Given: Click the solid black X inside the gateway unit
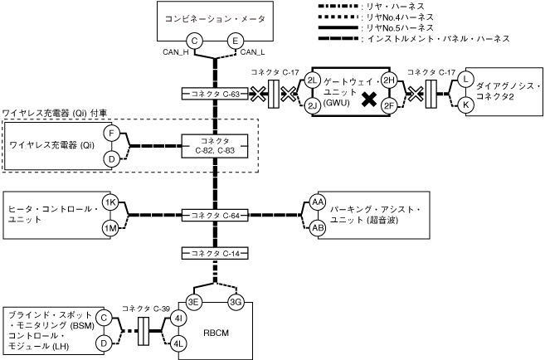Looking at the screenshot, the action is [369, 100].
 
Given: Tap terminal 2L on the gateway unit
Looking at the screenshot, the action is [312, 80].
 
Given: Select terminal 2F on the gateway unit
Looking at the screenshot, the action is [388, 106].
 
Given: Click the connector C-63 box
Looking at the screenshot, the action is [215, 94].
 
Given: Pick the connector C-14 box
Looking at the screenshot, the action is [215, 253].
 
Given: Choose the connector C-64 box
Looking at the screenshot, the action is [215, 216].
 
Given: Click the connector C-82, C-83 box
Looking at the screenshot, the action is [215, 146].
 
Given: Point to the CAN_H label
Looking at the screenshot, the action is [176, 52].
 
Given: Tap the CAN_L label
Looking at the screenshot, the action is [253, 52].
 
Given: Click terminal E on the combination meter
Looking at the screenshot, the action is [236, 41].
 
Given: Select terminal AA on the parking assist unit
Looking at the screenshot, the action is [318, 202].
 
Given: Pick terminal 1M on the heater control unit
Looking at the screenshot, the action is [110, 228].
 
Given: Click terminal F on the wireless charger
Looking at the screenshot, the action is [112, 133].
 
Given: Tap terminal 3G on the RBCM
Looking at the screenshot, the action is [236, 302].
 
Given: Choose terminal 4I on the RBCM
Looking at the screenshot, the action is [178, 319].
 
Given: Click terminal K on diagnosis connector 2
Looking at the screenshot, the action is [465, 105].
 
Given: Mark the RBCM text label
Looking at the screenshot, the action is [217, 333].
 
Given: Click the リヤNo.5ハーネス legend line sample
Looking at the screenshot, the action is [338, 27].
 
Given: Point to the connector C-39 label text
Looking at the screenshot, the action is [146, 309].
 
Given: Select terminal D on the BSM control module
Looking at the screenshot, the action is [104, 343].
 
